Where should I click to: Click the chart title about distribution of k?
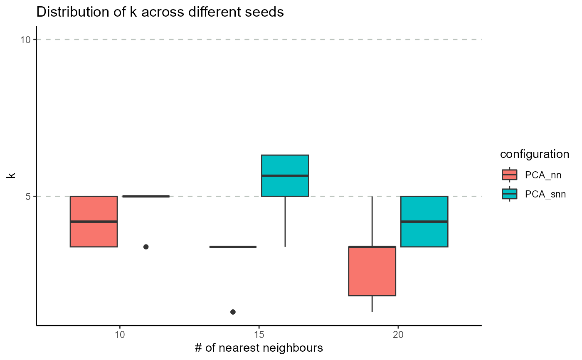tap(160, 12)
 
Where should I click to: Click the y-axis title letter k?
tap(12, 175)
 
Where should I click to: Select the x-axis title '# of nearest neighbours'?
tap(258, 348)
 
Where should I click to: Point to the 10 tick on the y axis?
tap(26, 40)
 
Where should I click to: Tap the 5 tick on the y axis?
tap(28, 196)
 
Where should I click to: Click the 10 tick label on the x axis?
tap(120, 334)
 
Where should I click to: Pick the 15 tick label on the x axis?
tap(259, 334)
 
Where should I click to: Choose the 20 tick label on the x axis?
tap(398, 334)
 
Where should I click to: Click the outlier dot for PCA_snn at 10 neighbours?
tap(146, 247)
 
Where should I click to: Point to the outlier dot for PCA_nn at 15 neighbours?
tap(233, 312)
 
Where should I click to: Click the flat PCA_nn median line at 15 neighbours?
tap(233, 247)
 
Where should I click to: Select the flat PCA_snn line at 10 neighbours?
tap(146, 196)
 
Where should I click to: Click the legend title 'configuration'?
tap(534, 154)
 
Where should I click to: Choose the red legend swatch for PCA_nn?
tap(510, 175)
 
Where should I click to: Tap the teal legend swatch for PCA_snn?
tap(510, 194)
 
